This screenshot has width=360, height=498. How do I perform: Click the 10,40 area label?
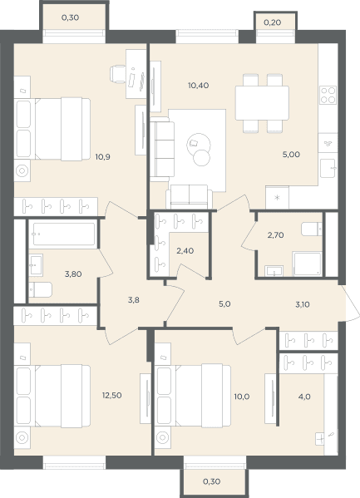click(x=198, y=86)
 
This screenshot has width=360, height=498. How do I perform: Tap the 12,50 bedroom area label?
click(x=112, y=396)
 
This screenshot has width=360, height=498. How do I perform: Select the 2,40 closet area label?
click(x=185, y=251)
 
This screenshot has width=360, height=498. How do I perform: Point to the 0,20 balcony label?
click(x=273, y=22)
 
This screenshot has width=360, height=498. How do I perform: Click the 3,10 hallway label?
click(x=303, y=304)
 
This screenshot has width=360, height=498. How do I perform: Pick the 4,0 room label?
click(x=304, y=397)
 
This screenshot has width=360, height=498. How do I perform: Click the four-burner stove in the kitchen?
click(x=328, y=95)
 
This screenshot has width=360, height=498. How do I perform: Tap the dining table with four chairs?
click(x=262, y=103)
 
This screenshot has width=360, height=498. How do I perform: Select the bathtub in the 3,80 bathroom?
click(x=64, y=234)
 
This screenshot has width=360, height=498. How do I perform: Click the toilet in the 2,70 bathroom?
click(x=312, y=229)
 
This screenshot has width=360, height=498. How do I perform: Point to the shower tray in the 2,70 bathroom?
click(x=308, y=264)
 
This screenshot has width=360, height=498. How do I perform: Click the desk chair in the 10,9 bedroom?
click(x=117, y=74)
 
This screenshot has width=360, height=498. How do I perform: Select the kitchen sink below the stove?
click(x=328, y=168)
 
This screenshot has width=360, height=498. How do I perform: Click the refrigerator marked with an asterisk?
click(x=277, y=198)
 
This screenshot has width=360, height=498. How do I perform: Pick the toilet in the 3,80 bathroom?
click(x=41, y=289)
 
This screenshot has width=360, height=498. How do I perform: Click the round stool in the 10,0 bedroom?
click(x=162, y=437)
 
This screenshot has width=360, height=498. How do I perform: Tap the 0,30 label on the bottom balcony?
click(x=212, y=481)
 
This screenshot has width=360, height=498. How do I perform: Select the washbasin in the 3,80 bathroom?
click(x=36, y=265)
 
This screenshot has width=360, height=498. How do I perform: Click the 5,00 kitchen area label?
click(x=291, y=155)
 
